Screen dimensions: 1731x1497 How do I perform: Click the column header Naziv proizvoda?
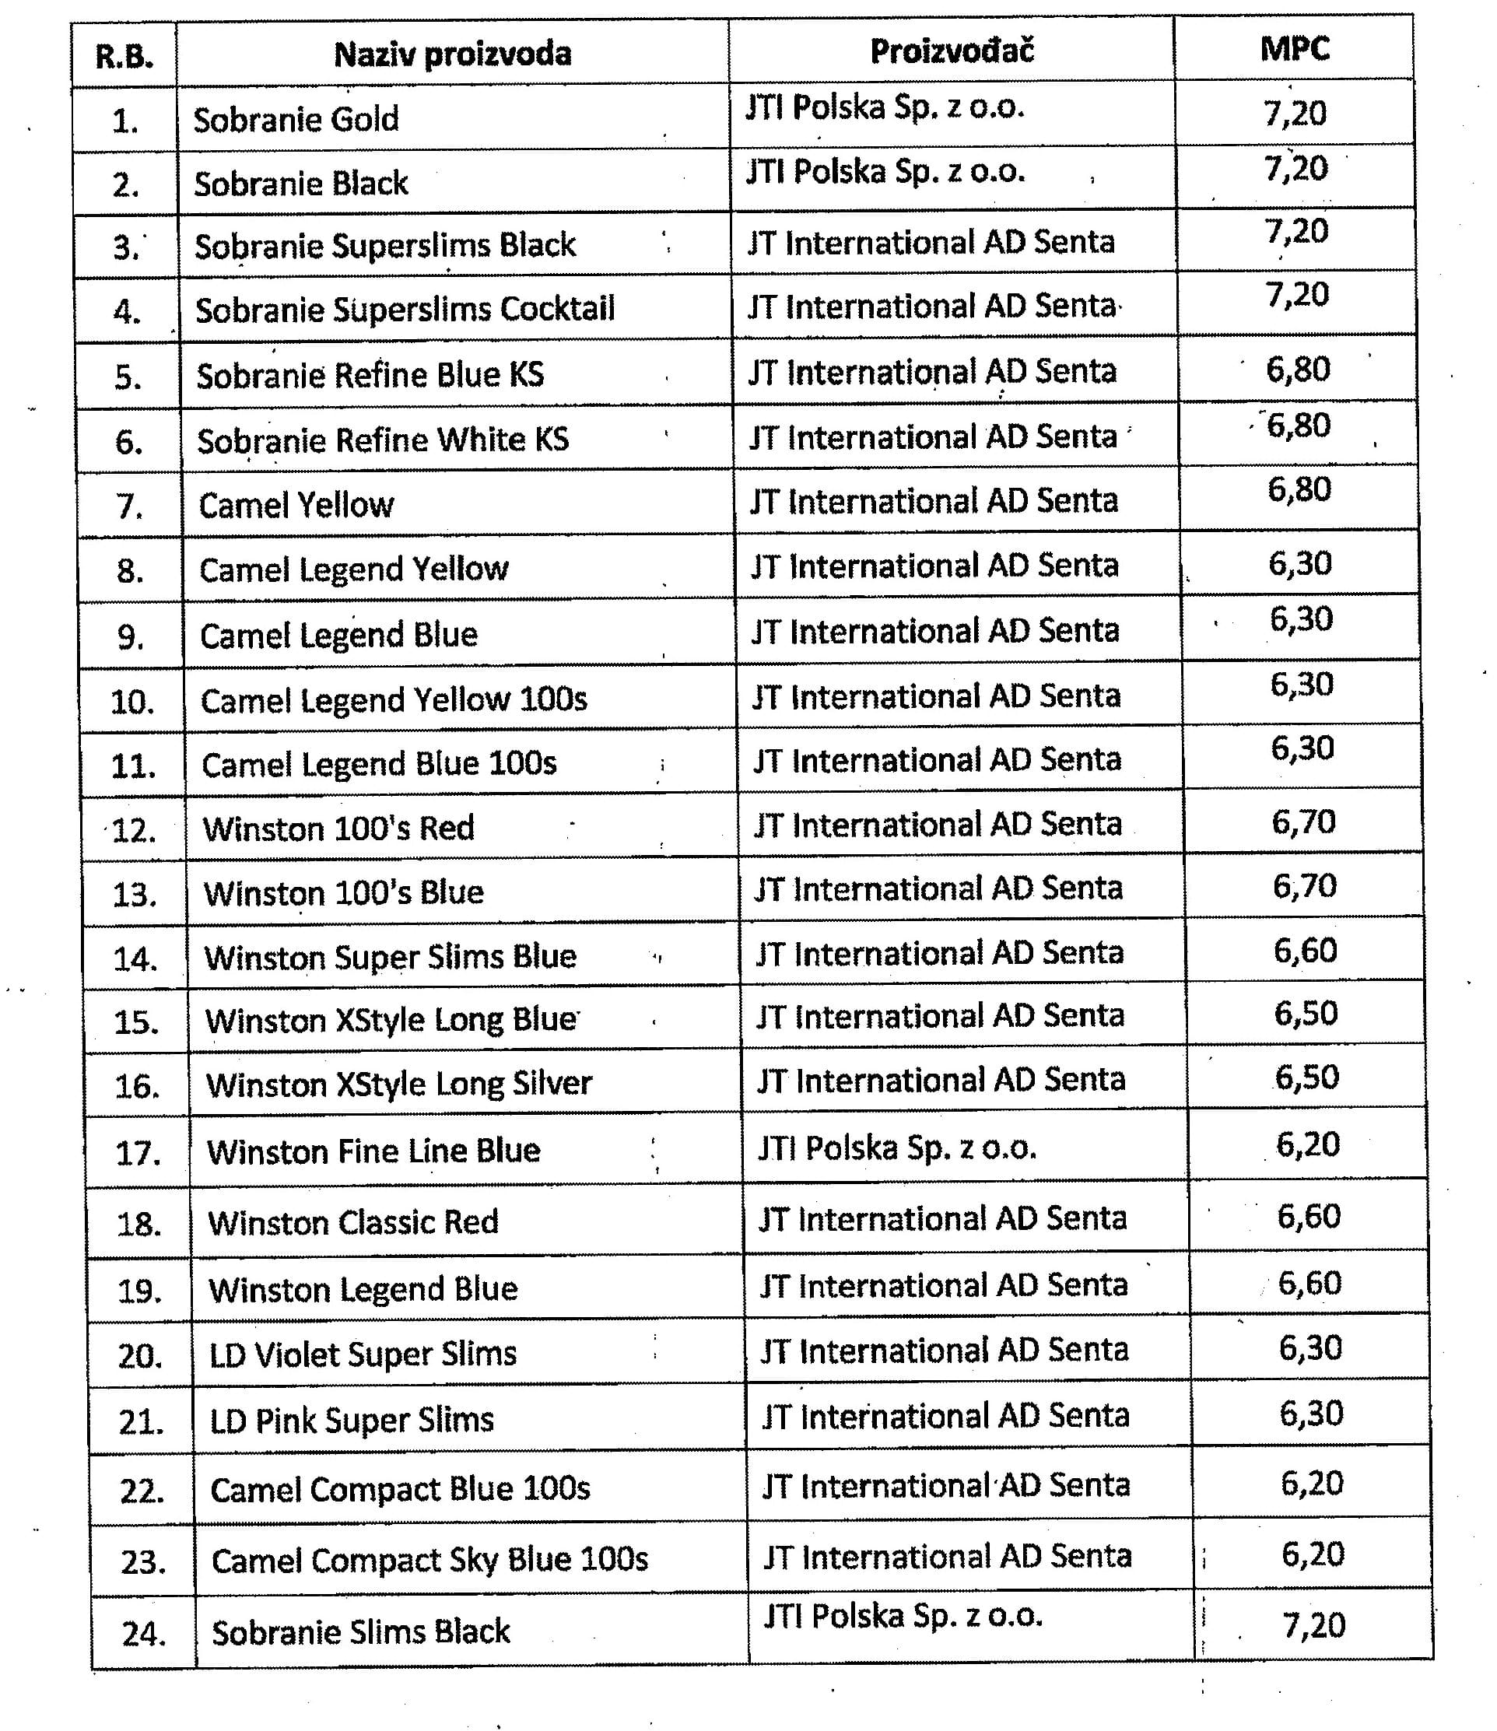point(452,54)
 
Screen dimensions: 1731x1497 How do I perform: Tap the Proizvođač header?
point(952,51)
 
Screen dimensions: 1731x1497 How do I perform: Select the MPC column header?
point(1294,49)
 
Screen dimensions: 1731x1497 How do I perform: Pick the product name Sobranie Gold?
point(296,120)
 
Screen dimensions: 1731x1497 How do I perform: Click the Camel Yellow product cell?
point(296,506)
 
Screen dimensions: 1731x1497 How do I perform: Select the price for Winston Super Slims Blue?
point(1305,951)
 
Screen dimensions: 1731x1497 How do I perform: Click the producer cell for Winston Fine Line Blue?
point(897,1148)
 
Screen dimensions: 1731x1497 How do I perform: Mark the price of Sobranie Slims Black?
point(1313,1626)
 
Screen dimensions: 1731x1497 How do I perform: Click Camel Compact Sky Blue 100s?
point(429,1560)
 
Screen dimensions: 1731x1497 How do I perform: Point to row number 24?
point(144,1633)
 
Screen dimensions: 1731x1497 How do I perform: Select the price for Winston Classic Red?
point(1308,1217)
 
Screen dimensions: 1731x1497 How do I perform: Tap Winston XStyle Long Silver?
point(399,1085)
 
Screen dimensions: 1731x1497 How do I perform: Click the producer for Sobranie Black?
point(885,171)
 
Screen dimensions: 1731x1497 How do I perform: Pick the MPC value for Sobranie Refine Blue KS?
point(1298,370)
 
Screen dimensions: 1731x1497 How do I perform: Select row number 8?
point(130,573)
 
